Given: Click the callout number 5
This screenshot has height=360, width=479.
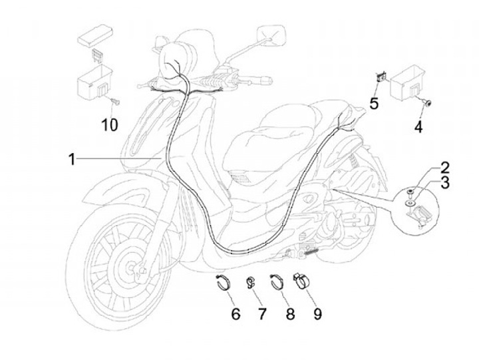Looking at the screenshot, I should [374, 103].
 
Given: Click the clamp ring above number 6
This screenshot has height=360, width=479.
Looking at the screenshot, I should [225, 282].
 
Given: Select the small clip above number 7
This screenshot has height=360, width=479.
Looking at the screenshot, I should [252, 282].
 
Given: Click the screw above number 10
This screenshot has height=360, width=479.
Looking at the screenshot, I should [115, 101].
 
